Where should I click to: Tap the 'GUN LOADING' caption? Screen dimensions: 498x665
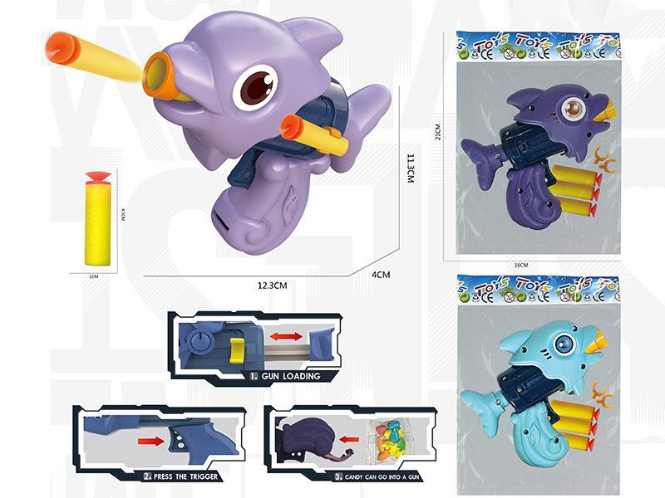[x=284, y=376]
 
